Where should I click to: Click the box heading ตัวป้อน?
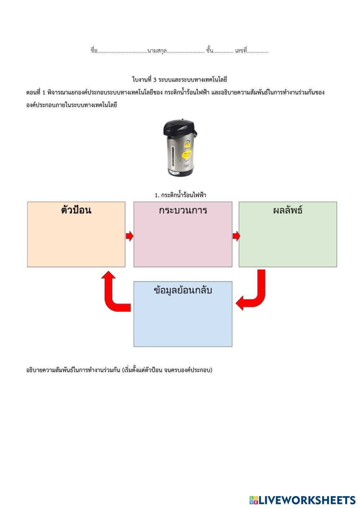(76, 211)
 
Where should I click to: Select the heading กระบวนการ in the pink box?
(183, 211)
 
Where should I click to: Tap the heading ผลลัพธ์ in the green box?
(288, 211)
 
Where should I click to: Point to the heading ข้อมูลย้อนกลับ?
(183, 291)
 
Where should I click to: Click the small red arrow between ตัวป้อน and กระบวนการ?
(129, 236)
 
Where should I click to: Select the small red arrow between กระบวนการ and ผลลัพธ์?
(236, 236)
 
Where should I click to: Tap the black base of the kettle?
(179, 173)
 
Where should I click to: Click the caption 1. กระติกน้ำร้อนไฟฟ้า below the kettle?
(180, 195)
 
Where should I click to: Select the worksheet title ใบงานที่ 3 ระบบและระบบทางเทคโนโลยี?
(179, 79)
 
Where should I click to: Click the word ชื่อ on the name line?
(94, 50)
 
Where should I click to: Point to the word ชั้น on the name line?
(210, 50)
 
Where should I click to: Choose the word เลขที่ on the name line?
(241, 50)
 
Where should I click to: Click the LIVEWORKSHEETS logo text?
(306, 500)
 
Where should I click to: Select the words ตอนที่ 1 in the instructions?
(36, 92)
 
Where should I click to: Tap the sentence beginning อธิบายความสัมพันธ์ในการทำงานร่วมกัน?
(119, 370)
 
